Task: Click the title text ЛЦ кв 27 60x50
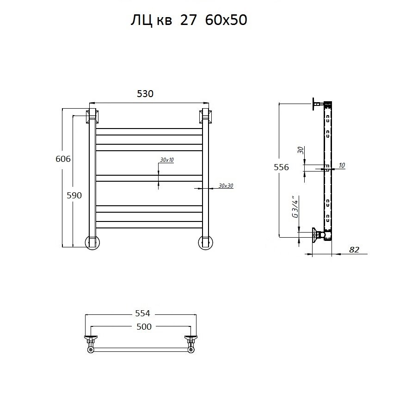[x=189, y=20]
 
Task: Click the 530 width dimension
[x=145, y=94]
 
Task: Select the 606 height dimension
[x=63, y=159]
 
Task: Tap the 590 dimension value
[x=74, y=195]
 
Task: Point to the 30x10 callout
[x=167, y=160]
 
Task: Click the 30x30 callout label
[x=226, y=186]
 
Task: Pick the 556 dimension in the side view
[x=281, y=167]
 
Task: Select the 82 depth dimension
[x=354, y=250]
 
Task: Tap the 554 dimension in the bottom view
[x=142, y=313]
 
